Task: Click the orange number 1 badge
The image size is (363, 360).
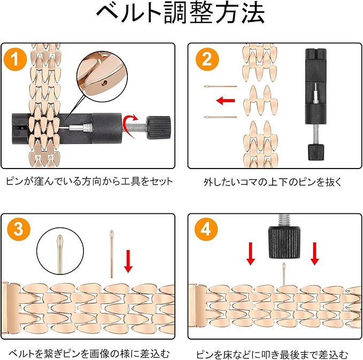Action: click(16, 59)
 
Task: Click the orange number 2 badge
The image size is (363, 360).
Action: click(207, 59)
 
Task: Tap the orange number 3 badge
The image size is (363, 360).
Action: click(19, 229)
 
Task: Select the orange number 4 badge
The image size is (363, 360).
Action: click(206, 229)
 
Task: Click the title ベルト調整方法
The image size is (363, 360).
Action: click(181, 13)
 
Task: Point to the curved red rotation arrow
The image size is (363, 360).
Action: click(129, 125)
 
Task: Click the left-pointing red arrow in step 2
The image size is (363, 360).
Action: click(226, 101)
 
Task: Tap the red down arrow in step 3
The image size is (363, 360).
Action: click(128, 261)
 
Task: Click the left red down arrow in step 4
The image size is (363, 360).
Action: click(251, 254)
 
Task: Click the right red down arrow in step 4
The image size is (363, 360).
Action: click(314, 254)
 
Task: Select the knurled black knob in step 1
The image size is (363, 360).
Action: click(159, 127)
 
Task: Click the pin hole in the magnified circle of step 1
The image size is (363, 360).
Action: click(104, 82)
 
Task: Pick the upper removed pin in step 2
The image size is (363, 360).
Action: click(220, 87)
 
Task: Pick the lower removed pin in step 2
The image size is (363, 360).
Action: click(220, 117)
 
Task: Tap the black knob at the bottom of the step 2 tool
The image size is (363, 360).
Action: click(316, 152)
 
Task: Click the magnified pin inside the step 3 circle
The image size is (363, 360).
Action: click(60, 254)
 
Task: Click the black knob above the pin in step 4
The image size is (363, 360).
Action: click(284, 242)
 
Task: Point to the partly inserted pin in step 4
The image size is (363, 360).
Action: click(284, 274)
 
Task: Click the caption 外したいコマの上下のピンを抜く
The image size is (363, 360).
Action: click(273, 182)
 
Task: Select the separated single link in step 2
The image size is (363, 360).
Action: click(260, 101)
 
